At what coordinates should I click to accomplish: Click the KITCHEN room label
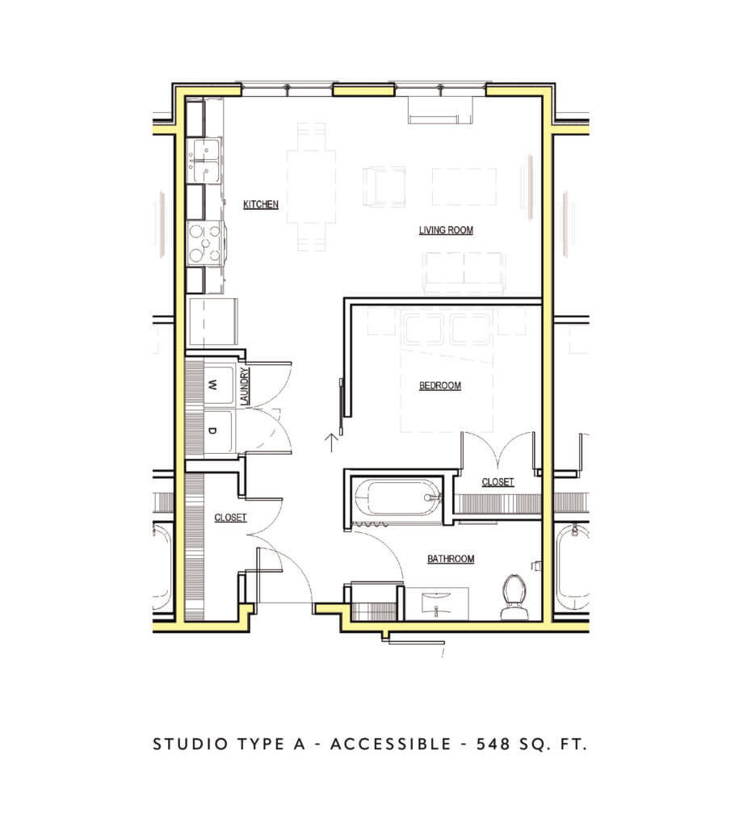coord(261,205)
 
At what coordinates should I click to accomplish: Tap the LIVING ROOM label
coord(445,230)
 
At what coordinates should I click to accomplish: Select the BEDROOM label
coord(439,386)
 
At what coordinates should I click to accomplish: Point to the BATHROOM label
coord(450,559)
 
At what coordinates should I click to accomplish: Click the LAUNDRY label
coord(243,388)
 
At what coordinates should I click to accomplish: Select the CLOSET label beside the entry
coord(230,518)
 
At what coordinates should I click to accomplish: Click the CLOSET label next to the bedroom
coord(497,482)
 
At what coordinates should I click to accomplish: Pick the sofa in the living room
coord(466,271)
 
